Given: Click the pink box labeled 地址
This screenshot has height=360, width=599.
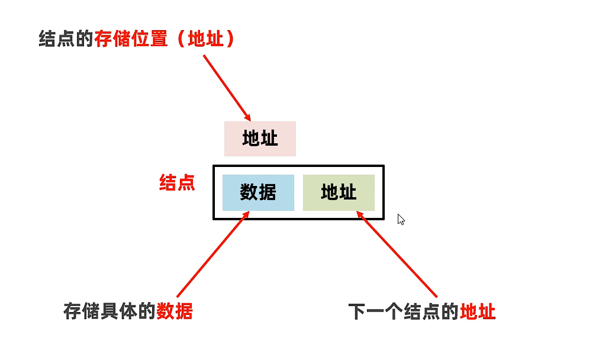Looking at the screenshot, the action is [x=260, y=139].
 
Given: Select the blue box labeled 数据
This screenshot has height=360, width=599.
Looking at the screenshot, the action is [x=258, y=192].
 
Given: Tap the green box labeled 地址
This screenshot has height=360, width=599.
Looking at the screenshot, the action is [x=339, y=192].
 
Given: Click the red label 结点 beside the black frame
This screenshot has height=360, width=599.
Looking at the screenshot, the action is [x=177, y=182].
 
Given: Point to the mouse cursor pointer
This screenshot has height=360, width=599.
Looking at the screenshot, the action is [x=401, y=219].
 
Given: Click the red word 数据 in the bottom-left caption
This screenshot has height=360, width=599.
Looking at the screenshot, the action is [x=175, y=311].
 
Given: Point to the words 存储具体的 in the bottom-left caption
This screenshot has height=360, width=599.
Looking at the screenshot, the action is [x=110, y=311].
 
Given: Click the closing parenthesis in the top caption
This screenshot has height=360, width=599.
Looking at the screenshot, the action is [x=230, y=40].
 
